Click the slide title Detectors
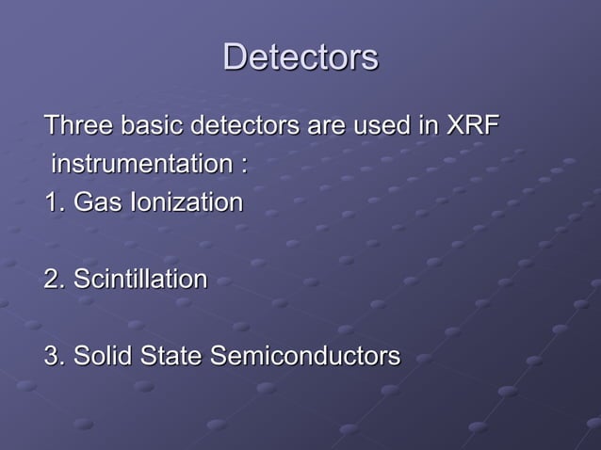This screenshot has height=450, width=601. click(x=300, y=57)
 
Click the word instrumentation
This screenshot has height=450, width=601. click(x=138, y=165)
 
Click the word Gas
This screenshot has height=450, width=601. click(x=98, y=202)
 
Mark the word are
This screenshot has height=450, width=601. click(x=326, y=127)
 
